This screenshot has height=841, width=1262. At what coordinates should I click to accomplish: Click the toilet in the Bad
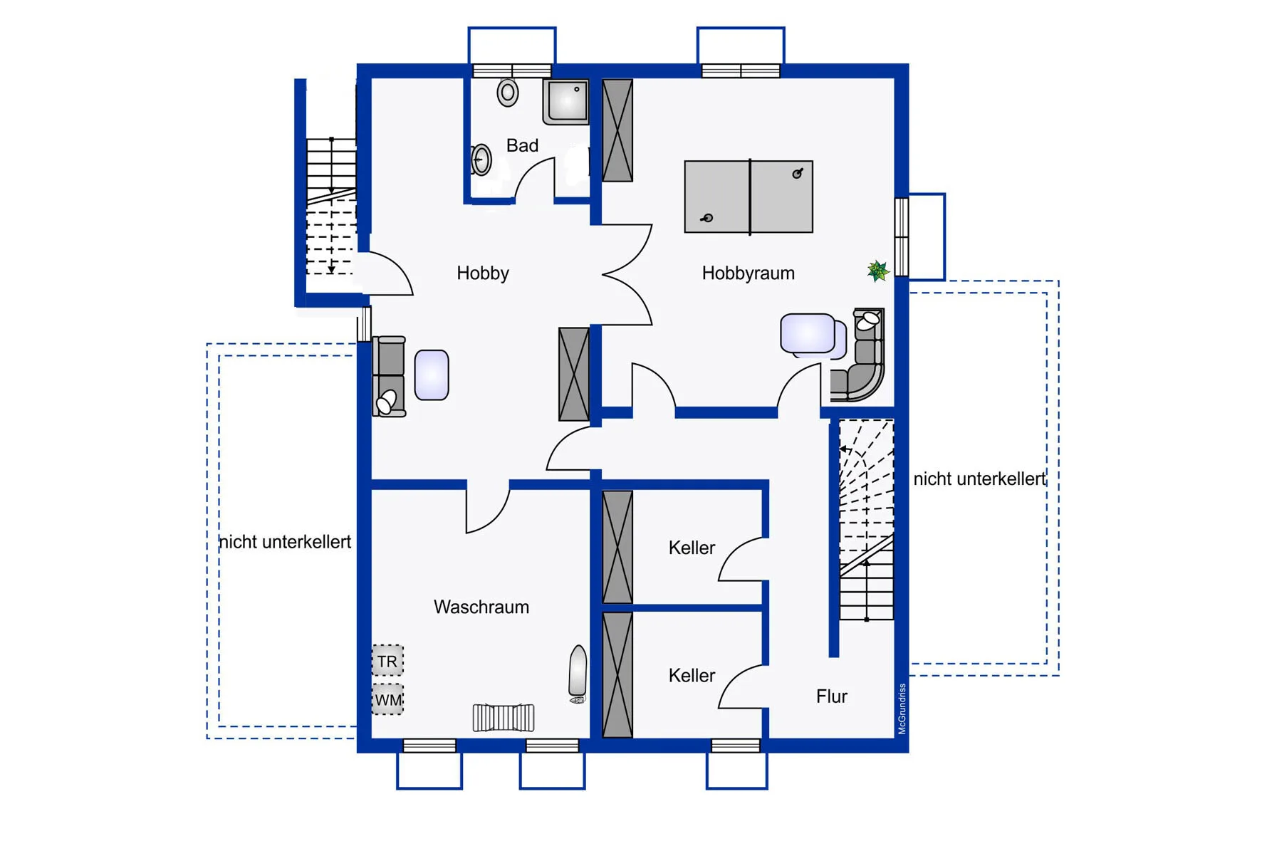(x=508, y=93)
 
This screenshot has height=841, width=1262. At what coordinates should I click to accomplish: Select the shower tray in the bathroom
(x=566, y=102)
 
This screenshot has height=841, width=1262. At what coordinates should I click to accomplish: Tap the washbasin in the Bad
(x=481, y=160)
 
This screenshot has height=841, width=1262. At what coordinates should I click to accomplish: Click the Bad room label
(x=522, y=145)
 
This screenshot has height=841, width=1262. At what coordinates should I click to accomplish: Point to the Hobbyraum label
(x=748, y=273)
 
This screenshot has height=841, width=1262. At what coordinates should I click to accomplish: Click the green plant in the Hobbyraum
(x=878, y=271)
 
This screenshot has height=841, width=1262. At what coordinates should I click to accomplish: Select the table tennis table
(x=749, y=197)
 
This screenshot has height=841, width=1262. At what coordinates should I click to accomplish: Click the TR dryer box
(x=387, y=661)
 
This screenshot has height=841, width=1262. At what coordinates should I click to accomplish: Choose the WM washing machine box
(x=387, y=699)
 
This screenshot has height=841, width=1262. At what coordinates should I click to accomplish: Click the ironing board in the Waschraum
(x=578, y=674)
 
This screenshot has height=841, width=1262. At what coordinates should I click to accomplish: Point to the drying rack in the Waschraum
(x=504, y=717)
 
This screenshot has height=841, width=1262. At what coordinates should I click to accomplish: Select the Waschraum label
(x=481, y=607)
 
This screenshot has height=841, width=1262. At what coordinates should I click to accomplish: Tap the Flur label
(x=832, y=696)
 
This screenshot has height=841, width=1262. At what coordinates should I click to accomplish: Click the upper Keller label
(x=692, y=548)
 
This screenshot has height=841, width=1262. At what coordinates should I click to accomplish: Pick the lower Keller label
(x=692, y=675)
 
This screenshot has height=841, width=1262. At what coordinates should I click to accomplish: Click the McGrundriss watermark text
(x=902, y=709)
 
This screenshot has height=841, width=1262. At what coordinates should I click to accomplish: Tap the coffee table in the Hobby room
(x=432, y=375)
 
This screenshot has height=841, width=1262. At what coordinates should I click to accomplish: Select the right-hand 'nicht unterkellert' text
(x=979, y=479)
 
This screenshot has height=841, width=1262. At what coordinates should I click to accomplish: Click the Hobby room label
(x=483, y=273)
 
